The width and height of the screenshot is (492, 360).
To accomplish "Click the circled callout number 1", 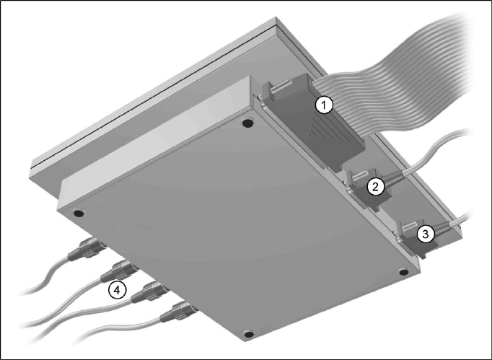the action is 324,105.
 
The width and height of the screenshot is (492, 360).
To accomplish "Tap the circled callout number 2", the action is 376,187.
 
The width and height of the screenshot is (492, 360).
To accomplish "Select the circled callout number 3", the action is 425,234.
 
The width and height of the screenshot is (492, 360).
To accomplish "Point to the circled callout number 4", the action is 117,290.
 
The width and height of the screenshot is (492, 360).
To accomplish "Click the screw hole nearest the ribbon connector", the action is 248,123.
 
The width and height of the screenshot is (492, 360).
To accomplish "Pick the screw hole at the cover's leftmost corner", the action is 79,214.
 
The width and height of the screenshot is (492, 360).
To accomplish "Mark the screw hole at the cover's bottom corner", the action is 248,334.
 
